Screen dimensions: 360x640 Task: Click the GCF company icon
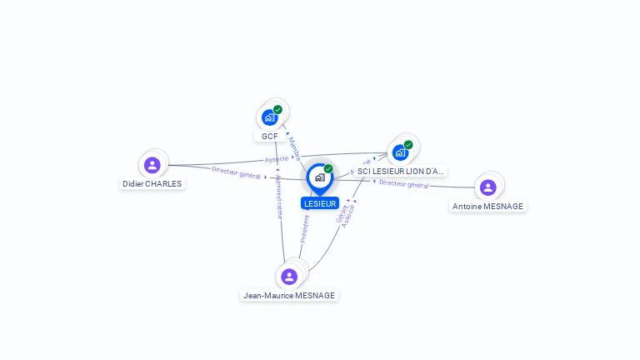coord(269,117)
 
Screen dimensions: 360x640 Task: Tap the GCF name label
coord(269,136)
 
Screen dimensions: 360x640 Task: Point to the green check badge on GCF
coord(277,109)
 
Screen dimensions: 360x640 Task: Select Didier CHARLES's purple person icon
coord(152,165)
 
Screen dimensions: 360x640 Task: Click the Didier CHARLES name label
coord(152,184)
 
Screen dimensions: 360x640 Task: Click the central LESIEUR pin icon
coord(319,177)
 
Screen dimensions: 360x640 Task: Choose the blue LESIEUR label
coord(320,203)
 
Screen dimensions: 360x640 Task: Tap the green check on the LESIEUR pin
coord(328,169)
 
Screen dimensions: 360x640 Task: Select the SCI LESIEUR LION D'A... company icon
coord(400,152)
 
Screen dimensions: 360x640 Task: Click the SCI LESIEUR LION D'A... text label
coord(401,171)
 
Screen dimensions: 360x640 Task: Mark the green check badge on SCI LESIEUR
coord(408,145)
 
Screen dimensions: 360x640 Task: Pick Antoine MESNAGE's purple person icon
coord(488,187)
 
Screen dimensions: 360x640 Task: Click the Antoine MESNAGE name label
coord(488,206)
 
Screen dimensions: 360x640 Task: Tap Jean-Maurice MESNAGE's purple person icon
coord(289,276)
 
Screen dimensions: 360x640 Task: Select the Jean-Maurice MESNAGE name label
coord(289,295)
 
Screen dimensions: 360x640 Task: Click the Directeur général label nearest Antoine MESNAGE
coord(403,184)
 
